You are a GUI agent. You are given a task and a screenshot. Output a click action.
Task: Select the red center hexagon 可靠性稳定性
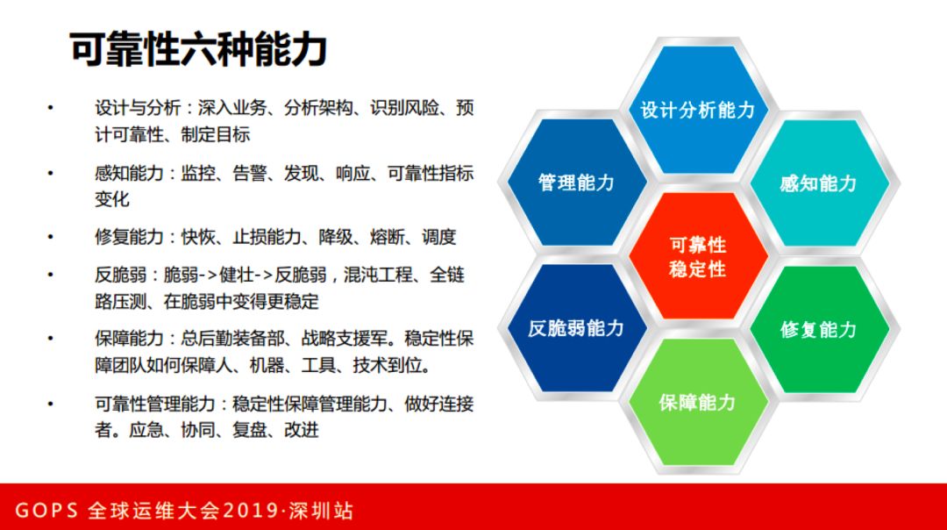tap(698, 256)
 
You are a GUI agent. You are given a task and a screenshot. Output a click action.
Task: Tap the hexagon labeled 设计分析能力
tap(698, 110)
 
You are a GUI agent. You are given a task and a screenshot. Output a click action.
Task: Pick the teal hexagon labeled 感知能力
tap(818, 183)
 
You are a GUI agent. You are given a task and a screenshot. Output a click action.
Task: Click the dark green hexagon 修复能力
tap(818, 329)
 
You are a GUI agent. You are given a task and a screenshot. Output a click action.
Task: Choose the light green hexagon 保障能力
tap(698, 403)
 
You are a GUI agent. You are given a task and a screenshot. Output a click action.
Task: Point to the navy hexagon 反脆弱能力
tap(576, 328)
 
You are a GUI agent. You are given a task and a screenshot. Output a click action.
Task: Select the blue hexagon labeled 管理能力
tap(576, 183)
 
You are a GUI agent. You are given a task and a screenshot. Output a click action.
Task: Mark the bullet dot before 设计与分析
tap(50, 109)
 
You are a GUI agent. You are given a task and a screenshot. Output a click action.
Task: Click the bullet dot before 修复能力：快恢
tap(50, 237)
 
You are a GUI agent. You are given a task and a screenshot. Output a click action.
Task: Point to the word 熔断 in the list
tap(387, 237)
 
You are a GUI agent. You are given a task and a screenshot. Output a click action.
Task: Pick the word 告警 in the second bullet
tap(250, 173)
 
